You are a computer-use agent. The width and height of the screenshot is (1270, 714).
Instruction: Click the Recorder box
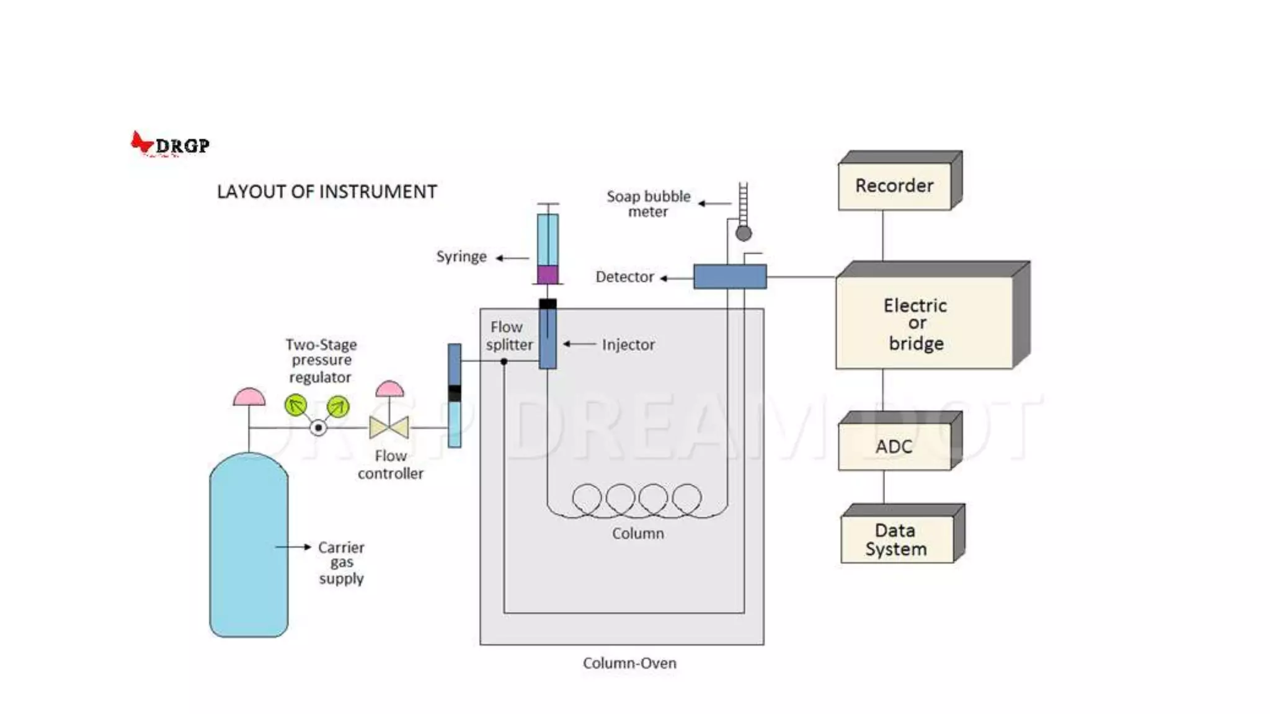(894, 186)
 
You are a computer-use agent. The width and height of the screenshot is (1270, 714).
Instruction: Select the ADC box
(894, 446)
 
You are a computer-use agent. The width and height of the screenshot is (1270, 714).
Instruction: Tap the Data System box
(896, 539)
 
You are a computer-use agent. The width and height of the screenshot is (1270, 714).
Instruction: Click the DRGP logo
(170, 144)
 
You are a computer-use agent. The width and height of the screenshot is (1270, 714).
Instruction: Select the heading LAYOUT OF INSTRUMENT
(327, 192)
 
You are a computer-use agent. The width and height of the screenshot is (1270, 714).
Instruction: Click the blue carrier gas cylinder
(249, 545)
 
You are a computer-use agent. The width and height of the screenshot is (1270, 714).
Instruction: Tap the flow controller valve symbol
(389, 427)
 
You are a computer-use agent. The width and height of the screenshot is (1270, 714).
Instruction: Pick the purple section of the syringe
(548, 275)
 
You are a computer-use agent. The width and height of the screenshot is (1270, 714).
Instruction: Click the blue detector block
(730, 276)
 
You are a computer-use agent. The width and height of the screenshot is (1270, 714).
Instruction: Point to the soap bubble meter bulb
(744, 234)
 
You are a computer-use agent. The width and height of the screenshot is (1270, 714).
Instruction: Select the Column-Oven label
(629, 663)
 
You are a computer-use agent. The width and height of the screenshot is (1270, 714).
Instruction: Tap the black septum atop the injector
(548, 304)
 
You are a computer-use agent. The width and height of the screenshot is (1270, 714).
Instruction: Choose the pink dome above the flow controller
(389, 390)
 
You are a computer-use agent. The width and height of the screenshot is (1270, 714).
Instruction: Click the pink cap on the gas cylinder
(249, 397)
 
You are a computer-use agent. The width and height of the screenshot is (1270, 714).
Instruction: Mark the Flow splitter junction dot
(504, 361)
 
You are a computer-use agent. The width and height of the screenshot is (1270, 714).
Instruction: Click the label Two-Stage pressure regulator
(321, 361)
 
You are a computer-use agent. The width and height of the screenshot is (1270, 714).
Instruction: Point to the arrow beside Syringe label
(512, 258)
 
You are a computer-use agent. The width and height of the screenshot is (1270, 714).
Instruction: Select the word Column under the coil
(637, 534)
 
